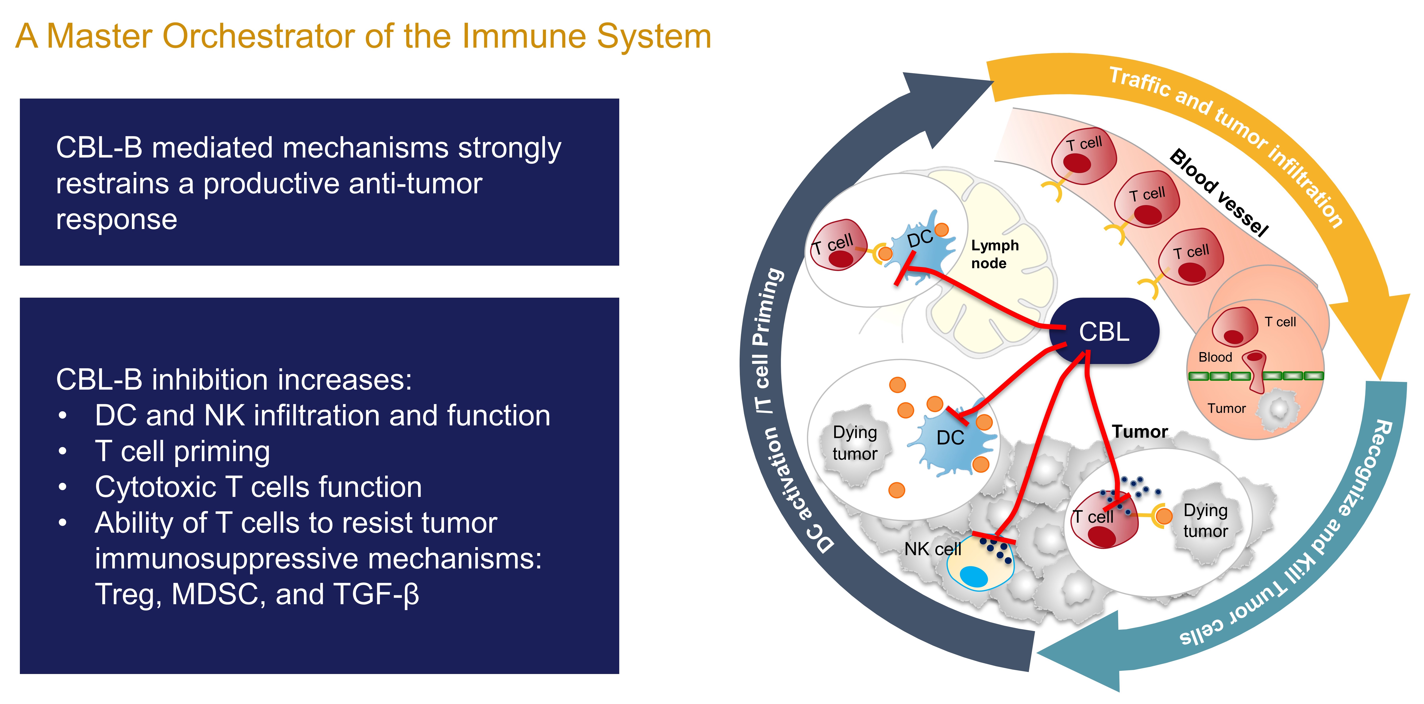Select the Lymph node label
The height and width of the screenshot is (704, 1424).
click(994, 254)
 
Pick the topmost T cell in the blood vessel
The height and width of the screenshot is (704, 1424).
click(1082, 158)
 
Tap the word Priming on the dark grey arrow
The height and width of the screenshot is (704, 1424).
click(767, 307)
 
